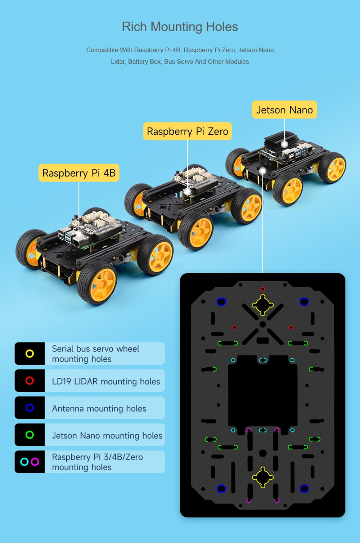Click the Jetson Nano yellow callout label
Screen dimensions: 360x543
pos(284,110)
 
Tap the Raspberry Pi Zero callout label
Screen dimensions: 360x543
pos(188,131)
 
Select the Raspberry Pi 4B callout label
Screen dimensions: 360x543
pos(79,173)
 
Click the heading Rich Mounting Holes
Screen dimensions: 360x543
pos(180,26)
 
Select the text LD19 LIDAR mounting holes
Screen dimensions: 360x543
pos(106,382)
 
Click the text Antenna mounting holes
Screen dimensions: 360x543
pos(99,409)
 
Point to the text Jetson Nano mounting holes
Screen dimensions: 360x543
pos(107,436)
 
